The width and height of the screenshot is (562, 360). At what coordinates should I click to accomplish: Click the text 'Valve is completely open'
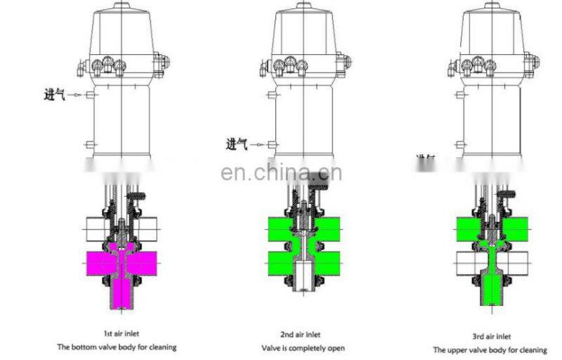click(x=303, y=347)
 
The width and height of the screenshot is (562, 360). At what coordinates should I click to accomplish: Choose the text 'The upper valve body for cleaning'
click(x=490, y=349)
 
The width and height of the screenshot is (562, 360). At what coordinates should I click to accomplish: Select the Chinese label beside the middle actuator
click(x=237, y=145)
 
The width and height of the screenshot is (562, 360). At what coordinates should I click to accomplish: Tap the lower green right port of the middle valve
click(x=327, y=264)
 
